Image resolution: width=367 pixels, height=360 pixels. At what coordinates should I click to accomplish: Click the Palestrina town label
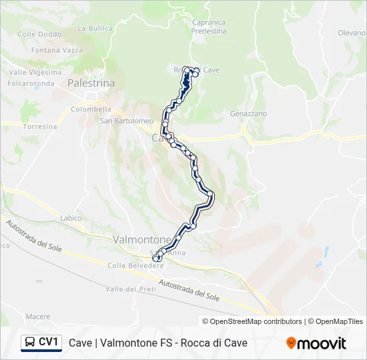pos(91,83)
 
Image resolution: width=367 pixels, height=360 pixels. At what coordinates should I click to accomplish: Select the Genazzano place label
pos(248,114)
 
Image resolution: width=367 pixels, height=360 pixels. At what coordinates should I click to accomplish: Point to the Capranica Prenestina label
pos(208,26)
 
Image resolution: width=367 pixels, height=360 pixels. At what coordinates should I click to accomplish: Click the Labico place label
pos(71,218)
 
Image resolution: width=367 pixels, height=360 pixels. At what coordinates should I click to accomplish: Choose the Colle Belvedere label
pos(136,265)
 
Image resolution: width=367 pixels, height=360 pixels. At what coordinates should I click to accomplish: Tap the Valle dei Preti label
pos(130,289)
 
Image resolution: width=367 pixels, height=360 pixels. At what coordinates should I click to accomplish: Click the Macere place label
pos(38,316)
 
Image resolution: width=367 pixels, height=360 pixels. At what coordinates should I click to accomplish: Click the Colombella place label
pos(91,109)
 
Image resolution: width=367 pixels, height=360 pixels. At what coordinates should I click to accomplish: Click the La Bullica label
pos(95,29)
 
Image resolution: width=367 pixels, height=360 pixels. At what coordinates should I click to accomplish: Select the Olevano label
pos(352,33)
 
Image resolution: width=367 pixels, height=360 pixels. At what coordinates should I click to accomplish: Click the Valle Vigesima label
pos(35,72)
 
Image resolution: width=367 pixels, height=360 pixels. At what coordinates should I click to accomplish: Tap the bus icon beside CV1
pos(29,343)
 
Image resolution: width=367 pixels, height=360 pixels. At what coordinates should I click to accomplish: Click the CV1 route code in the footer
pos(49,343)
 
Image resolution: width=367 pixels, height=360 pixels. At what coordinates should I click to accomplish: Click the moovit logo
pos(316,343)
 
